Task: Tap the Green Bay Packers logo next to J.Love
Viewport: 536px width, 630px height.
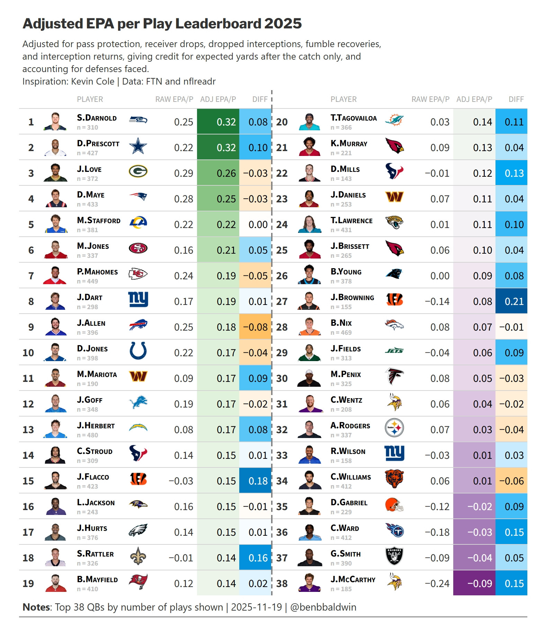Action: point(138,172)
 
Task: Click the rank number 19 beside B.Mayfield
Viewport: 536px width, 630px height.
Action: point(28,584)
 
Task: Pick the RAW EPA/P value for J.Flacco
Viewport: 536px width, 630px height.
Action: point(181,481)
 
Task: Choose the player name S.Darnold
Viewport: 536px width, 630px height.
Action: point(97,118)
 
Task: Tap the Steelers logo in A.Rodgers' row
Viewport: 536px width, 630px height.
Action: point(394,428)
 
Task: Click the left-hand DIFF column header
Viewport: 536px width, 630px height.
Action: point(260,99)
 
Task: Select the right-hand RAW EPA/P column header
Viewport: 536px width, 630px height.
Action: point(430,99)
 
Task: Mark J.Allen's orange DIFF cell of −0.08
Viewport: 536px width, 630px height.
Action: point(255,327)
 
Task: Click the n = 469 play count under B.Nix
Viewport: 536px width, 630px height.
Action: point(341,333)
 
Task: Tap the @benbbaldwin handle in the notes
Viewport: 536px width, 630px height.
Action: point(323,607)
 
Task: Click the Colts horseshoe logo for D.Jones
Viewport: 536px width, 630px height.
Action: point(138,351)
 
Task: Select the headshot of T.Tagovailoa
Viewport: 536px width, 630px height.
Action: point(310,121)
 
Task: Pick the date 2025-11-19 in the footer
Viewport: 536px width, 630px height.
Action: point(256,607)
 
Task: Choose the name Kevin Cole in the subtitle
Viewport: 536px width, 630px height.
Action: point(93,81)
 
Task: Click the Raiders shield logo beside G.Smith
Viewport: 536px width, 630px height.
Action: point(394,557)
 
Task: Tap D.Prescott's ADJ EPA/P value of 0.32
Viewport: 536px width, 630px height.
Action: point(226,148)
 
